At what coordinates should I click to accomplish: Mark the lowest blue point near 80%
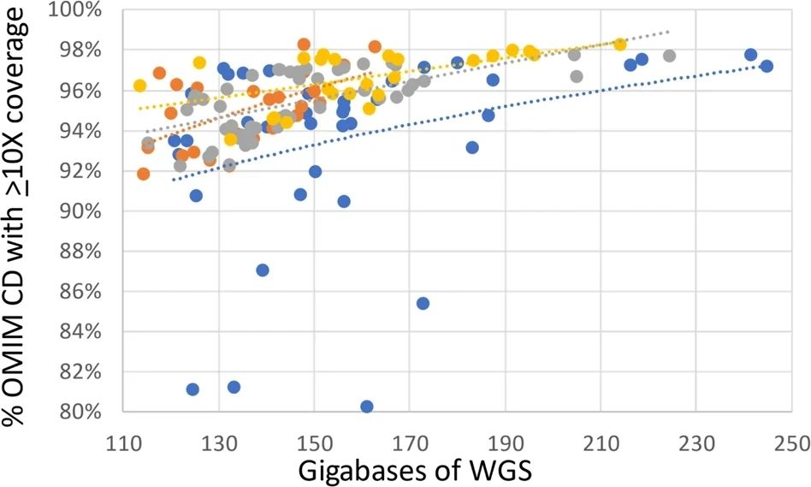(367, 407)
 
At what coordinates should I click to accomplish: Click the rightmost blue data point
(767, 66)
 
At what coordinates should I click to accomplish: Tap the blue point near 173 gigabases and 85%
(423, 303)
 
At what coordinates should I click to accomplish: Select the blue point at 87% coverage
(263, 270)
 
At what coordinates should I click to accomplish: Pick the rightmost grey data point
(669, 56)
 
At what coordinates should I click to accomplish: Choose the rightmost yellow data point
(620, 44)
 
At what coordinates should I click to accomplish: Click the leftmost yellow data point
(139, 86)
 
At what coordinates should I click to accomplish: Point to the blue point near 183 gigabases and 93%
(472, 147)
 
